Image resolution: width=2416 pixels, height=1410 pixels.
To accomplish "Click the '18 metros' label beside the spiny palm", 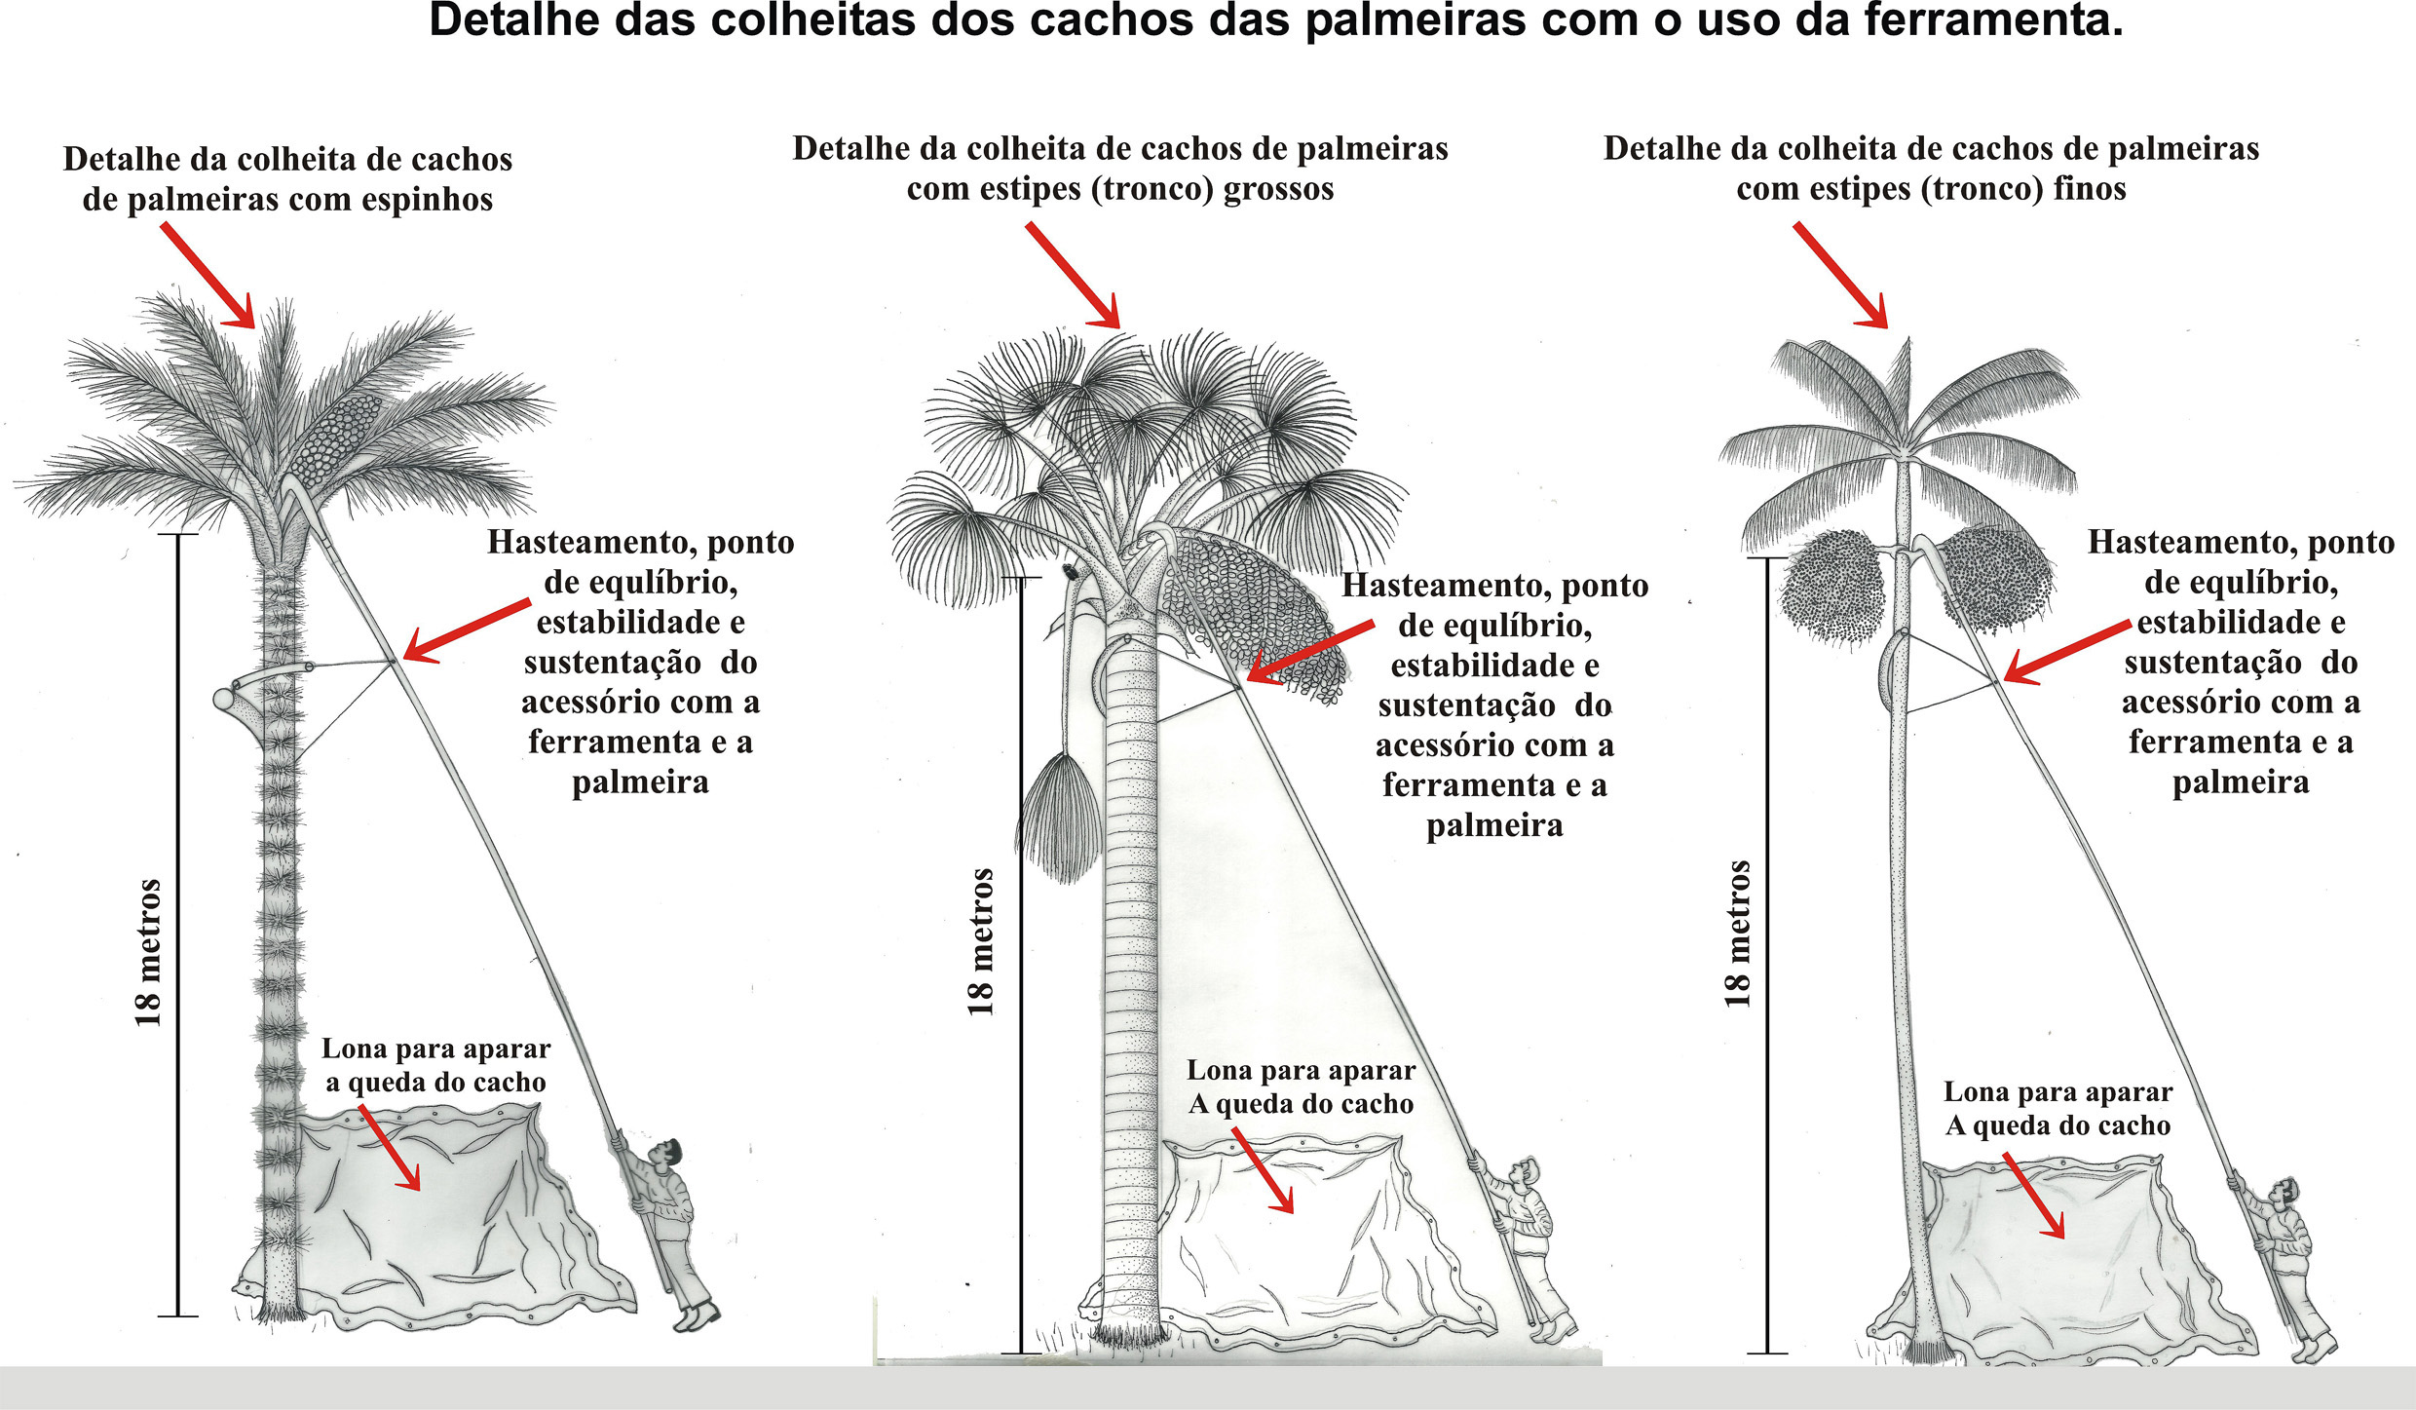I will point(148,952).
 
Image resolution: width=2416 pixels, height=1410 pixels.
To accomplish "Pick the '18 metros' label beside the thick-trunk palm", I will point(981,941).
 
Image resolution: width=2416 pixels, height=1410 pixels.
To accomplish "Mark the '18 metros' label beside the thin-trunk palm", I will point(1737,934).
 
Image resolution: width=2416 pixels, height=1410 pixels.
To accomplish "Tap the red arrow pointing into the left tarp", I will point(390,1148).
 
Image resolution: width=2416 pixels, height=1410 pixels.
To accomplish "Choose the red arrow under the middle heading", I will point(1072,275).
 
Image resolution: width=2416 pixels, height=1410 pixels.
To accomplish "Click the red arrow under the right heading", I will point(1840,275).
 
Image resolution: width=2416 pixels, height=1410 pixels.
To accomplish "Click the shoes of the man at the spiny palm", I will point(698,1318).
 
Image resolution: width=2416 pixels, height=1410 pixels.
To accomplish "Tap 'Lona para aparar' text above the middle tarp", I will point(1301,1070).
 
